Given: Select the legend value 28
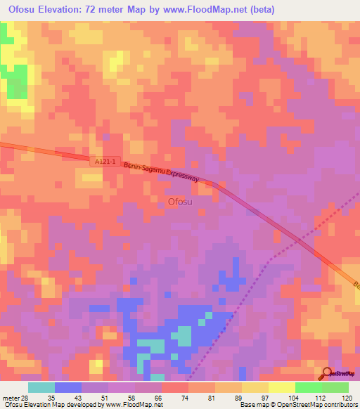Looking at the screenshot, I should click(x=25, y=397).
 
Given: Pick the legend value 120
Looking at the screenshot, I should click(x=347, y=397).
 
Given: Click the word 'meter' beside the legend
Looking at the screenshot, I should click(x=11, y=397).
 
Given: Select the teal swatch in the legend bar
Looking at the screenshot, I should click(x=41, y=387).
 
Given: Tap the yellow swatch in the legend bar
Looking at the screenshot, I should click(x=281, y=387).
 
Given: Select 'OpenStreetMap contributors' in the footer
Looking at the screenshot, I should click(x=320, y=405).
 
